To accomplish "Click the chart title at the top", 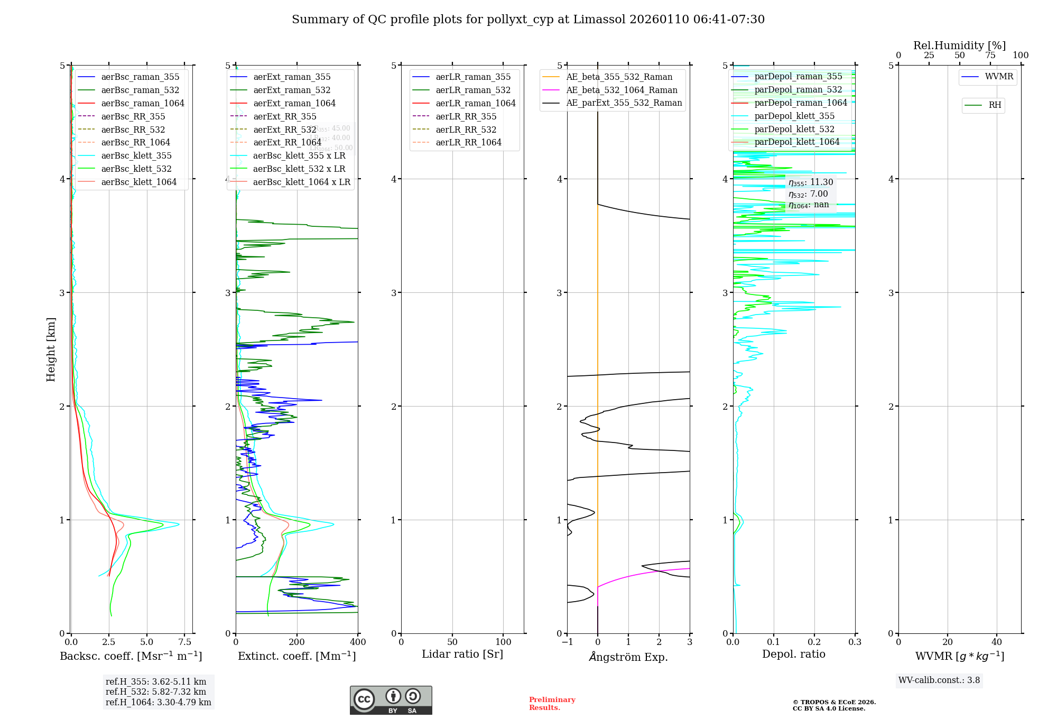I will [x=528, y=20].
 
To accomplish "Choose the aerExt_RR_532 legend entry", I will [x=284, y=130].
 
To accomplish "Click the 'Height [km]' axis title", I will [x=51, y=349].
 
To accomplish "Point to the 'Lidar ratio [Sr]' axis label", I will [x=462, y=654].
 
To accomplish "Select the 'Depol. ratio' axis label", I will [x=793, y=654].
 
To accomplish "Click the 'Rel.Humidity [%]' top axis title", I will [x=959, y=45].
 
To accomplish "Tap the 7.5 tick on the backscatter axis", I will [x=184, y=642].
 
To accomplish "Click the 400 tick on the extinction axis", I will [x=358, y=642].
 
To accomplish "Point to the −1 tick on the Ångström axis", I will [x=567, y=642].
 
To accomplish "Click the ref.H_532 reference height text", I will [x=156, y=692].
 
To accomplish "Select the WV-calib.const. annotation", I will [x=939, y=680].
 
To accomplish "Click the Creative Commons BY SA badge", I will [x=391, y=700].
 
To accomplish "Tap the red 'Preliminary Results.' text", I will [x=552, y=703].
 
